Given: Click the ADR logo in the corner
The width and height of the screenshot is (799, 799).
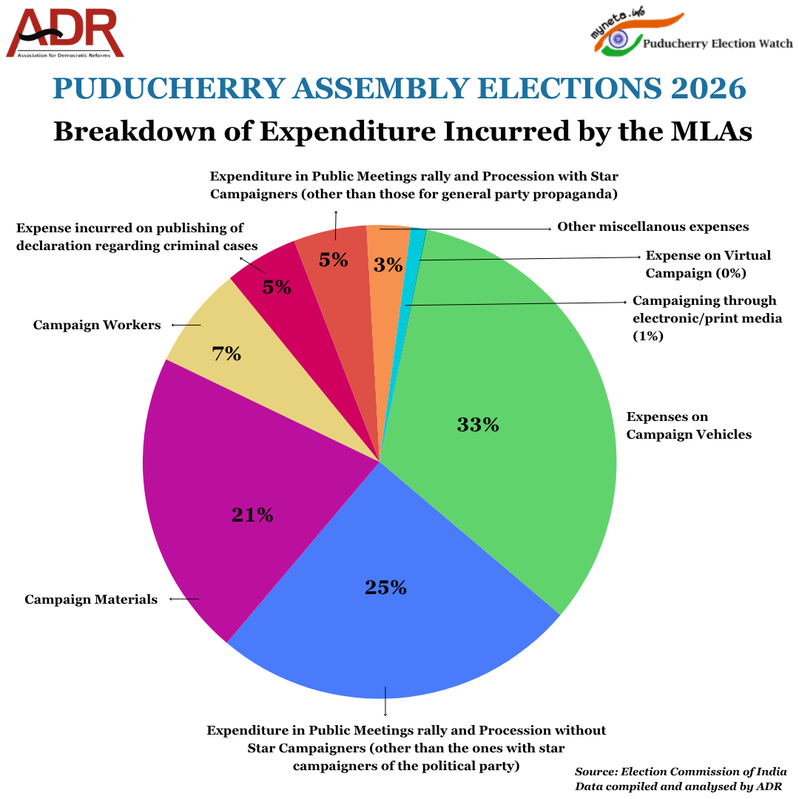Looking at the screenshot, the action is [x=64, y=33].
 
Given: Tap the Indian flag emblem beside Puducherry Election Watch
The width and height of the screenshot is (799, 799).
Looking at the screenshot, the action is [x=618, y=38].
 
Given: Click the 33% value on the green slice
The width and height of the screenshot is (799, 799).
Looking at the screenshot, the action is [x=478, y=425].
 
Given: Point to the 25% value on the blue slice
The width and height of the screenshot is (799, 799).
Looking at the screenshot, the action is [x=385, y=587].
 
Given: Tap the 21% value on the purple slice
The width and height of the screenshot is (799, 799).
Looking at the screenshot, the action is [x=252, y=515].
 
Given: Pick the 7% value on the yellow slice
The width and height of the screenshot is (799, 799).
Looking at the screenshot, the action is [x=226, y=353].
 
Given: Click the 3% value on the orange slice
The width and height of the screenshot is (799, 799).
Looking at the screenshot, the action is [x=388, y=265].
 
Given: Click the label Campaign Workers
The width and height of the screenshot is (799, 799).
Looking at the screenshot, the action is [x=97, y=325].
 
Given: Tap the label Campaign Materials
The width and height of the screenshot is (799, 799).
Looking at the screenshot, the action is [x=91, y=599].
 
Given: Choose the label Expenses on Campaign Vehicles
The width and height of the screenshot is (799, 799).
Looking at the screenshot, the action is [x=689, y=425].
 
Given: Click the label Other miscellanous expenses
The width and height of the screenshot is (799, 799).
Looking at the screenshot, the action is [x=653, y=227].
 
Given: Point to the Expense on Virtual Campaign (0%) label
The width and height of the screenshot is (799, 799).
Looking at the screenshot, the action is [x=708, y=264].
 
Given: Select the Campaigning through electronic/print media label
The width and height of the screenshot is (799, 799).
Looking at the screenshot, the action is [x=707, y=318].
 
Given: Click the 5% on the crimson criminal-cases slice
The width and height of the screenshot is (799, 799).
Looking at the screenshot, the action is [x=277, y=287].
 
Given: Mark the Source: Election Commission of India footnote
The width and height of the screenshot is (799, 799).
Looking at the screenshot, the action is [x=681, y=772].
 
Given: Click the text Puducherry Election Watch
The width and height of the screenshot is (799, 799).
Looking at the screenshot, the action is [x=718, y=44].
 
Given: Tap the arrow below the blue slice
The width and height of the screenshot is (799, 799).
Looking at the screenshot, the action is [x=385, y=701].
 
